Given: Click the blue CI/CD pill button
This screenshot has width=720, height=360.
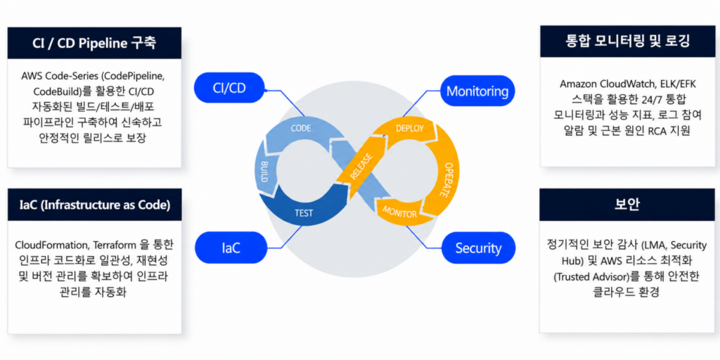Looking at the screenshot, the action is tap(230, 88).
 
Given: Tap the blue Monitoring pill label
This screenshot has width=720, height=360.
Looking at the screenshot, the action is tap(477, 91).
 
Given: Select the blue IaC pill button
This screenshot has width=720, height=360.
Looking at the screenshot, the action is tap(231, 248).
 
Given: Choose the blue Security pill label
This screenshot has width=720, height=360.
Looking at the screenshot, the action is tap(478, 248).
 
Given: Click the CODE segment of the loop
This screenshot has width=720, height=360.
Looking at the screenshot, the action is tap(301, 128).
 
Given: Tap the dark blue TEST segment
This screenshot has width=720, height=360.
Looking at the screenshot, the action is tap(303, 213).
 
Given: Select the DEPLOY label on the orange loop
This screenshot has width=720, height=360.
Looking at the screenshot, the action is tap(410, 128).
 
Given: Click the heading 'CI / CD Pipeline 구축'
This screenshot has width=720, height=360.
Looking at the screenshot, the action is tap(95, 43).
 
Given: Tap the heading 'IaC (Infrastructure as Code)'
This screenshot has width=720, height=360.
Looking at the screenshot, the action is tap(95, 205).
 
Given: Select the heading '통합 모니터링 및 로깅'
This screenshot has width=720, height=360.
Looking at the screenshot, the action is tap(628, 41).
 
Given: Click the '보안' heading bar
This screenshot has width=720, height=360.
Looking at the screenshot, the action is tap(627, 205).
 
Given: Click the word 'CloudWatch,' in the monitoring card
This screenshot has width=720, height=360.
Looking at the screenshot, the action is tap(634, 84).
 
